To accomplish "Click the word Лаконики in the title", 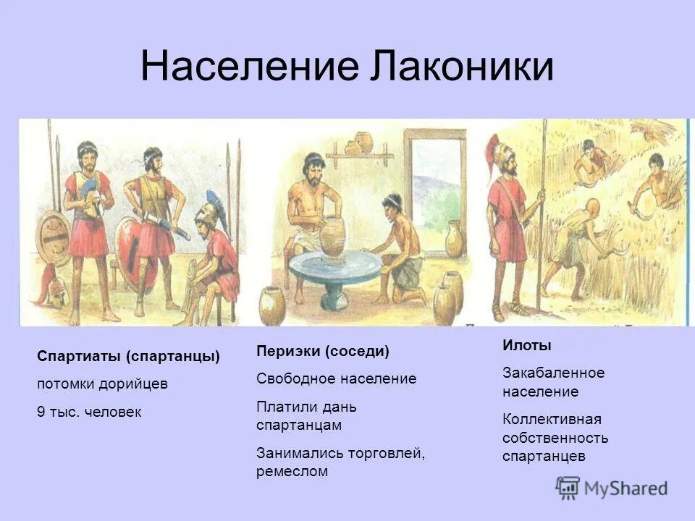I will point(463,67).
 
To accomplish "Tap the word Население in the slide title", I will point(250,67).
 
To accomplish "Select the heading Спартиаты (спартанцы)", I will point(128,357).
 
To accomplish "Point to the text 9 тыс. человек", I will point(89,412).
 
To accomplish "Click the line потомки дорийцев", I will point(102,384).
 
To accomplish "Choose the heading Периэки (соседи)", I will point(322,351).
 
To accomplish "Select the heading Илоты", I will point(526,346).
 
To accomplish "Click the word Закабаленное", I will point(553,373).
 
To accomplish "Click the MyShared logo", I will point(612,488).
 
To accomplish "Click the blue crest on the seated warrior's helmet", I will point(214,200).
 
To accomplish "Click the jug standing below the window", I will point(454,239).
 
